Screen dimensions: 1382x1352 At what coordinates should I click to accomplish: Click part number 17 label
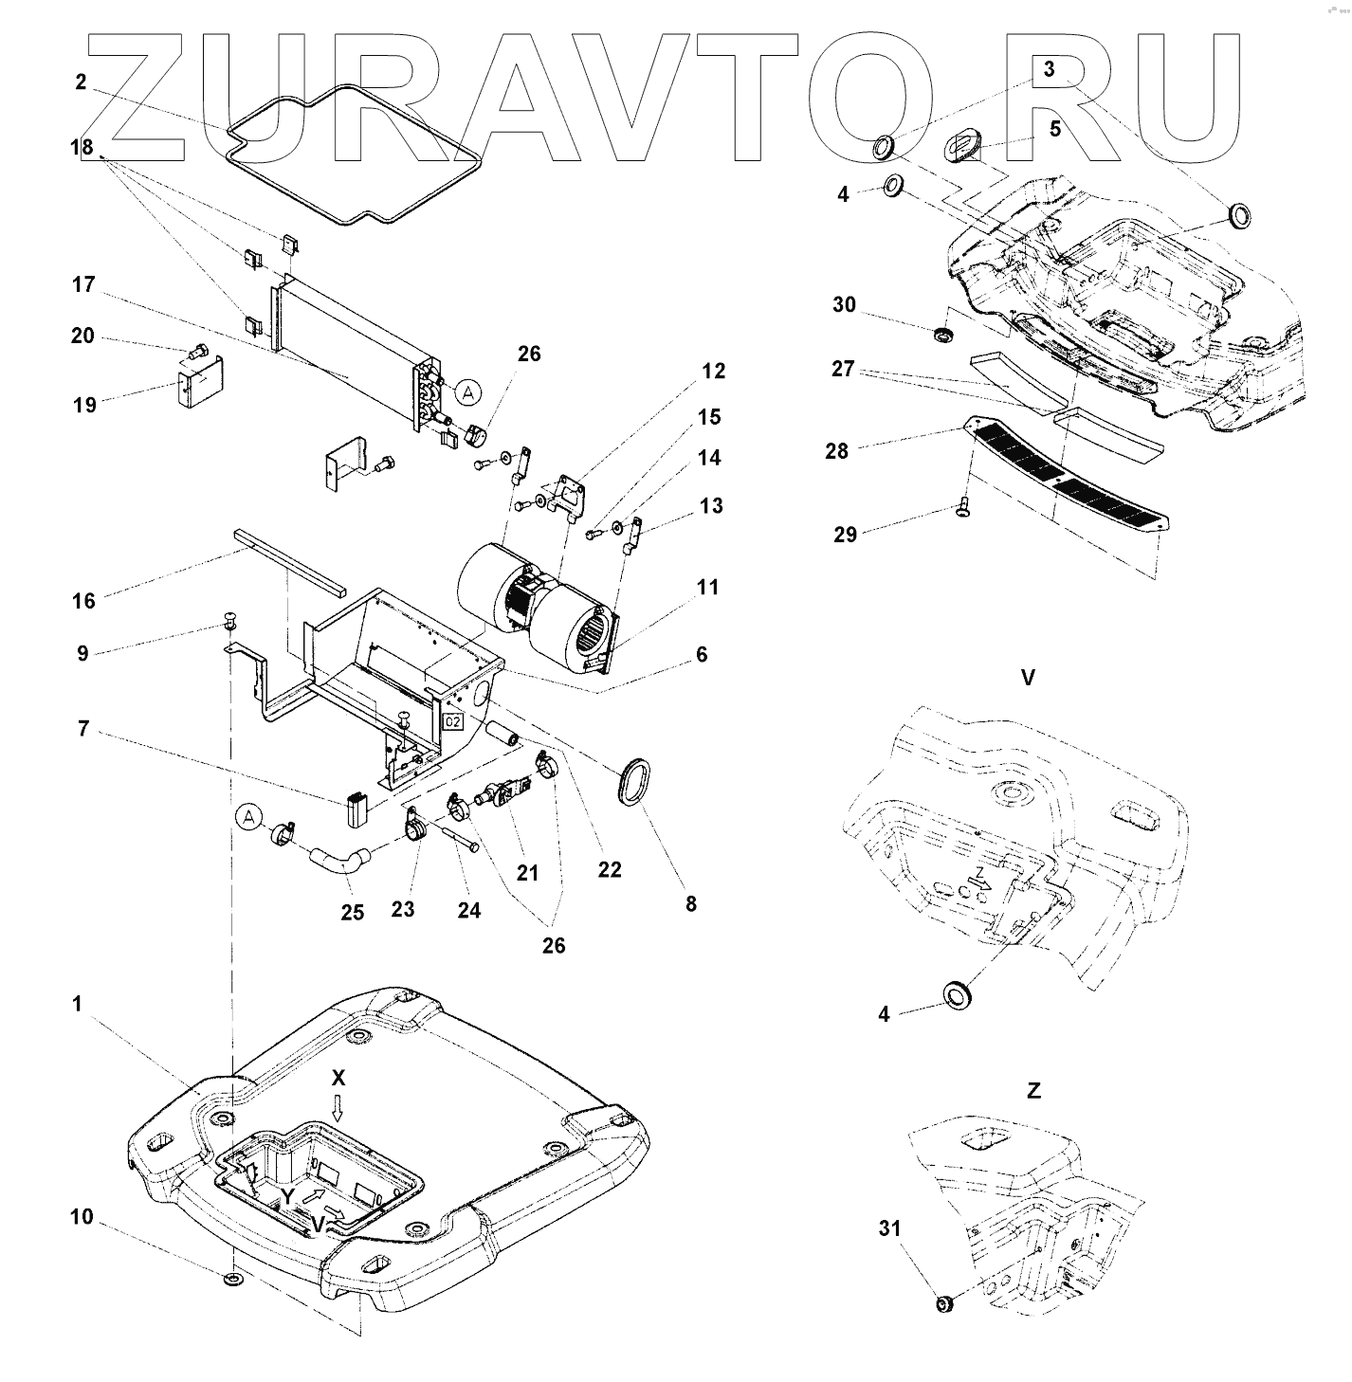click(83, 283)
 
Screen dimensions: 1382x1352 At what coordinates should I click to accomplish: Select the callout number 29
click(845, 535)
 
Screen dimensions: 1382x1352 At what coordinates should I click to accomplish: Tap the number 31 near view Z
click(888, 1228)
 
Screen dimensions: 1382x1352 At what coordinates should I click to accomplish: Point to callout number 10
click(82, 1216)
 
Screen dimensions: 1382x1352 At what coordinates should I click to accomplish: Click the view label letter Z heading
click(1033, 1090)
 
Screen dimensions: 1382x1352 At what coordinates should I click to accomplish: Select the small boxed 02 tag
click(452, 723)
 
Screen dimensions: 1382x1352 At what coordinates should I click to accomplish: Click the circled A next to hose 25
click(248, 817)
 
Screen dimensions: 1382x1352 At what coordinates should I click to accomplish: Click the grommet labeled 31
click(943, 1305)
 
